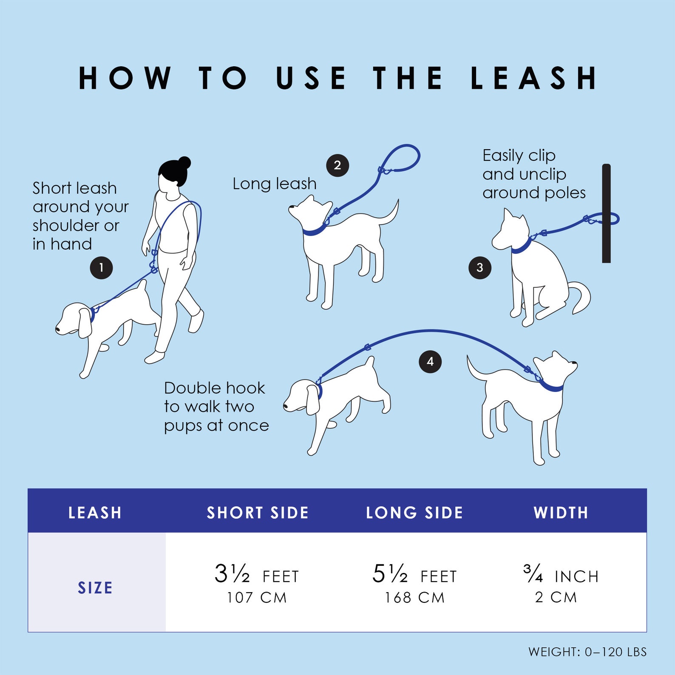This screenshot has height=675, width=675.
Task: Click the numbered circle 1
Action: tap(101, 268)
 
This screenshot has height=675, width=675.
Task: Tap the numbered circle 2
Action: tap(337, 165)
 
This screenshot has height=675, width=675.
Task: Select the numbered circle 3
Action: tap(480, 268)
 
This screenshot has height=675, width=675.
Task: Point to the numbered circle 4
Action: tap(430, 362)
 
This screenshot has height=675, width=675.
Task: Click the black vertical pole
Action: tap(607, 213)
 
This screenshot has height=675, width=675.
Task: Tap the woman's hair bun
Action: tap(184, 163)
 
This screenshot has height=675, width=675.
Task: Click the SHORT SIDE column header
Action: tap(258, 513)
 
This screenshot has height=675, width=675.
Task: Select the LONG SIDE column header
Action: tap(414, 513)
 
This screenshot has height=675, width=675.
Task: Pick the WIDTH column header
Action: tap(561, 513)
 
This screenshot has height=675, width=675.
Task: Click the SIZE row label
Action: tap(95, 588)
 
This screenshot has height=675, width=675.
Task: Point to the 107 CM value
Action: tap(257, 598)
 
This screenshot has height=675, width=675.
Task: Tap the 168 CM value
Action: tap(414, 598)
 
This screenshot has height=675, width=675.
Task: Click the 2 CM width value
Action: tap(556, 597)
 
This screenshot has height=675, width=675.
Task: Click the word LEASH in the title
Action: tap(534, 78)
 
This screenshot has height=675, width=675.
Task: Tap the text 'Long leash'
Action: tap(275, 184)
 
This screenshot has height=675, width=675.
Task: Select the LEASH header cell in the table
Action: tap(95, 513)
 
